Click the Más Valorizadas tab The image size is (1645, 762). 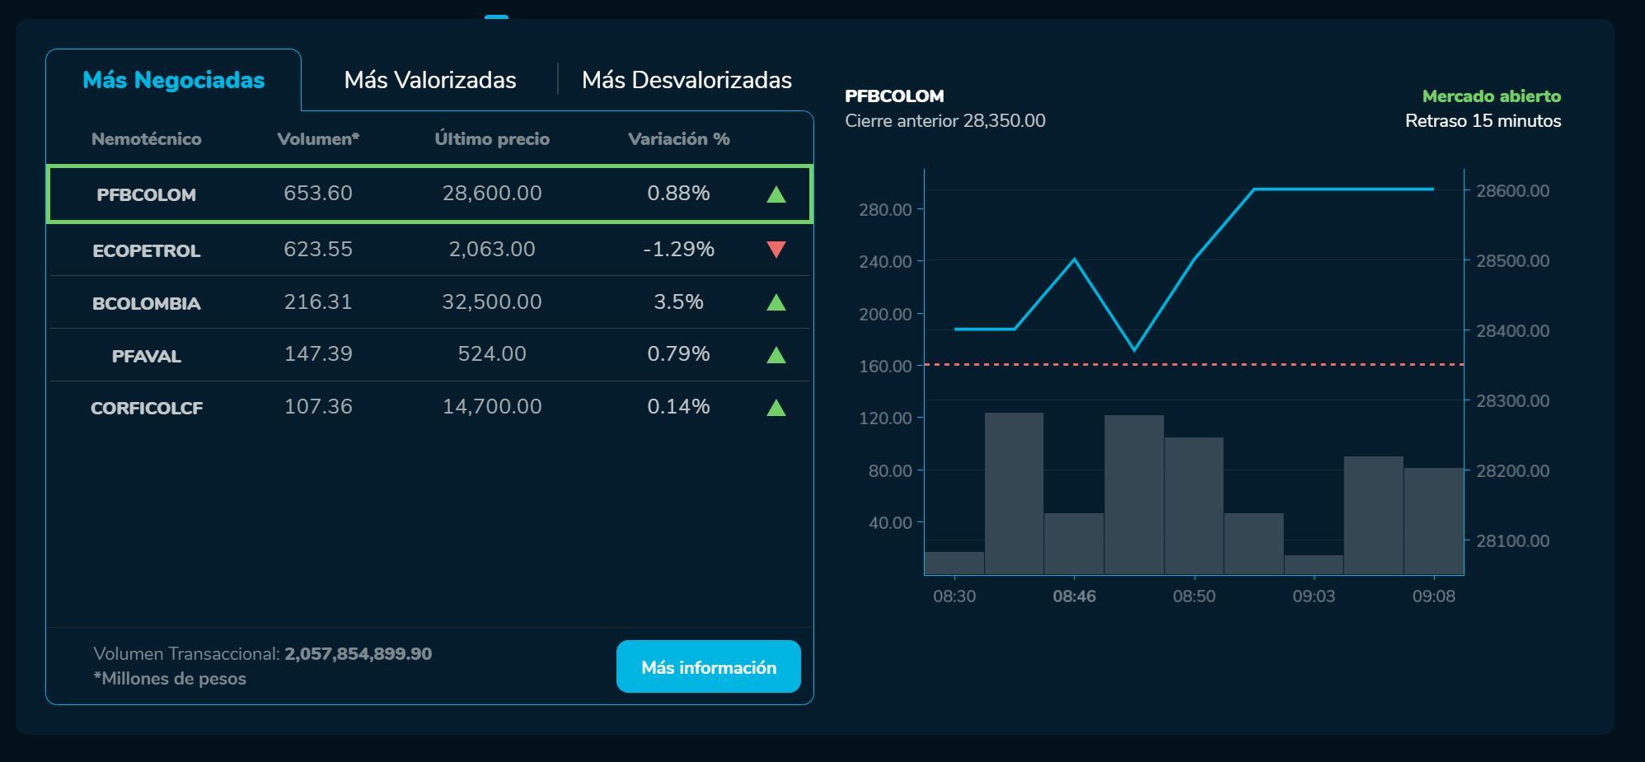pyautogui.click(x=430, y=80)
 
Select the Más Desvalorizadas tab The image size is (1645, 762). pyautogui.click(x=687, y=80)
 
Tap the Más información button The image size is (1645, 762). pyautogui.click(x=709, y=667)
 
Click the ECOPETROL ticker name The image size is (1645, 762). pyautogui.click(x=147, y=250)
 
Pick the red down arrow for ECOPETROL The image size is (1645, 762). pyautogui.click(x=776, y=249)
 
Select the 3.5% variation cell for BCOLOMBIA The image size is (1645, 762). pyautogui.click(x=678, y=302)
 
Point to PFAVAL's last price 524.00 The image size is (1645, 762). pyautogui.click(x=492, y=354)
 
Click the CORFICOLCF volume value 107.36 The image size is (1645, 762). pyautogui.click(x=318, y=407)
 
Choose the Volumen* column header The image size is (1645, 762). pyautogui.click(x=318, y=139)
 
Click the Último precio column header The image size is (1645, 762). pyautogui.click(x=492, y=139)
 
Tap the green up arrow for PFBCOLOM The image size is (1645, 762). pyautogui.click(x=776, y=194)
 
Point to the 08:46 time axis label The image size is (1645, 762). pyautogui.click(x=1074, y=596)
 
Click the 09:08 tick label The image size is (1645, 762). pyautogui.click(x=1433, y=596)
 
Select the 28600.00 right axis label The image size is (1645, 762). pyautogui.click(x=1512, y=191)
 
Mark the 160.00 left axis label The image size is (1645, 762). pyautogui.click(x=885, y=366)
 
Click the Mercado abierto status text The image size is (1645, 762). pyautogui.click(x=1491, y=96)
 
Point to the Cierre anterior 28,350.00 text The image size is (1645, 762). pyautogui.click(x=944, y=121)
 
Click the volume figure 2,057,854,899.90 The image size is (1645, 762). pyautogui.click(x=358, y=654)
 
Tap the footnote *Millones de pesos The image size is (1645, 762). pyautogui.click(x=170, y=679)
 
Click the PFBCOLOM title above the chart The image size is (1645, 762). pyautogui.click(x=894, y=96)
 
